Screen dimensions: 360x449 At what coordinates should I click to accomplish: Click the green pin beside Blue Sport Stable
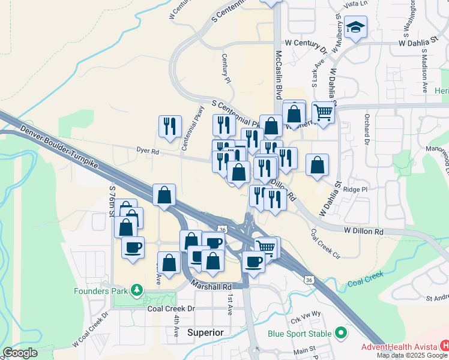(x=341, y=332)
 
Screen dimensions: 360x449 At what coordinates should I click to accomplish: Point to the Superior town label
(x=205, y=332)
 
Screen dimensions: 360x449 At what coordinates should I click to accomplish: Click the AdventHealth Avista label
(x=399, y=347)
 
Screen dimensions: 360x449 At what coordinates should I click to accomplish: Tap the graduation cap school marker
(x=356, y=27)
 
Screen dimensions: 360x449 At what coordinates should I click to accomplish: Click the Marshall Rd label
(x=211, y=287)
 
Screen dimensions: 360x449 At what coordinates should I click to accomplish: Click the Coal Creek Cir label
(x=325, y=243)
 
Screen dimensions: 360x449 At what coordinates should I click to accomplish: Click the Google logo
(x=20, y=352)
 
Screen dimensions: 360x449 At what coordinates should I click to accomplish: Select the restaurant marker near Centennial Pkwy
(x=170, y=126)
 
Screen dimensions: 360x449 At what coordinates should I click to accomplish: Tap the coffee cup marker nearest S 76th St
(x=133, y=246)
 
